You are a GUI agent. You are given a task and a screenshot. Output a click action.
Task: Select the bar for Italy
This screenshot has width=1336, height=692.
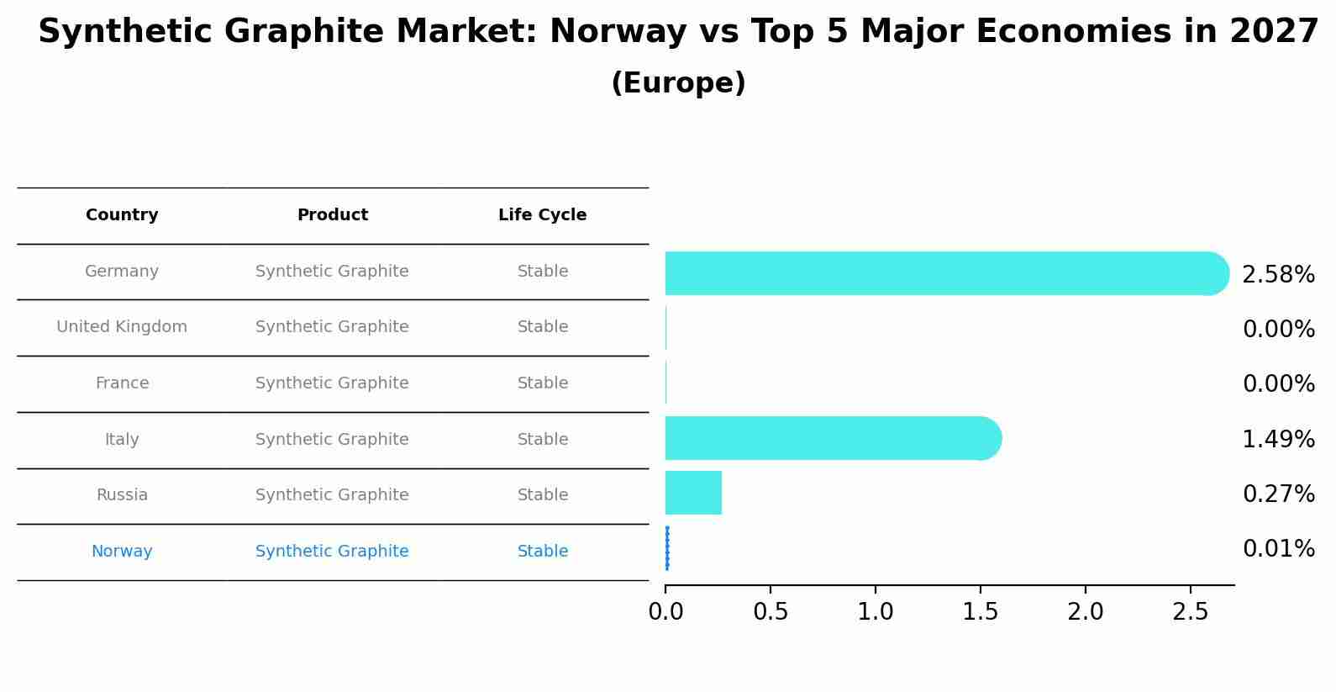pos(832,438)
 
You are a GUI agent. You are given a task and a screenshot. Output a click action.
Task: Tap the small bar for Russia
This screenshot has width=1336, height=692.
pos(693,493)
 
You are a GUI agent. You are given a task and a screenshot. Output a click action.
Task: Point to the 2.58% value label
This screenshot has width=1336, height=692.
pos(1278,275)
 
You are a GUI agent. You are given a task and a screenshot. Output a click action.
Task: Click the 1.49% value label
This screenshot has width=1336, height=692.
pos(1278,439)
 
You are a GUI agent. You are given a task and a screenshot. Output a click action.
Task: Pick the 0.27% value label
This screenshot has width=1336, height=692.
pos(1278,494)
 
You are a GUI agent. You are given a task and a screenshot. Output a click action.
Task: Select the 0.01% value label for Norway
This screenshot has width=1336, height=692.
pos(1278,549)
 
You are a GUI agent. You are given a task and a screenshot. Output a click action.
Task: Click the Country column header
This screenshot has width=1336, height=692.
pos(122,215)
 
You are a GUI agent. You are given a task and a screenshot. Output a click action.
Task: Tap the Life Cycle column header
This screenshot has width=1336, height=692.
pos(542,215)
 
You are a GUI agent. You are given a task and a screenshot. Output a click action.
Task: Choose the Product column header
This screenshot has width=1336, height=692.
pos(332,215)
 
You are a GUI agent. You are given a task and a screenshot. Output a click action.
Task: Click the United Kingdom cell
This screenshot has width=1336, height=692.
pos(122,327)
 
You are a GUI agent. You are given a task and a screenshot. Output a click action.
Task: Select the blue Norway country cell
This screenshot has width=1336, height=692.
pos(122,552)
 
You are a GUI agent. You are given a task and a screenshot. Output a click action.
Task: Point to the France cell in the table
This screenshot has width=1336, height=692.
pos(122,383)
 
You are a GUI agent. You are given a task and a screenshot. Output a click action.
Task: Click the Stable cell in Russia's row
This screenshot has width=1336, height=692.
pos(542,495)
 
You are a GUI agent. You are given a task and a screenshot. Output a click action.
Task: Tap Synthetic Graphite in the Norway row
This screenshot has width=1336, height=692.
pos(332,552)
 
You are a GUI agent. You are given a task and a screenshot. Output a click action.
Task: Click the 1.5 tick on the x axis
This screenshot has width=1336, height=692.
pos(980,612)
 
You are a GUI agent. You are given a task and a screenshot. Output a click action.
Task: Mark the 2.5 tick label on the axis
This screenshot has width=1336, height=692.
pos(1190,612)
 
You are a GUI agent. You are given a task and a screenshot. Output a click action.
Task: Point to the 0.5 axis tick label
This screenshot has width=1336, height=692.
pos(771,612)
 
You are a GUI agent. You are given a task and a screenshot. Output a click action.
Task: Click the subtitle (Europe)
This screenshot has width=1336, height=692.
pos(678,83)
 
